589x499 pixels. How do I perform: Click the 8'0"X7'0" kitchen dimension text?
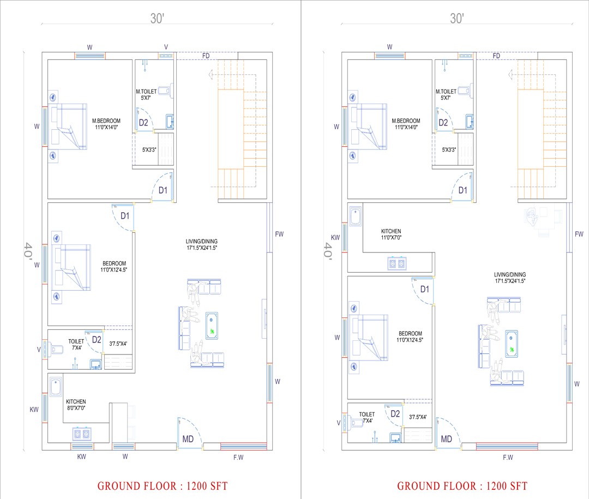(76, 408)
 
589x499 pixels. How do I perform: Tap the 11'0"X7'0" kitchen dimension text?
(391, 237)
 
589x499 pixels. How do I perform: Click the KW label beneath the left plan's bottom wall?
(81, 457)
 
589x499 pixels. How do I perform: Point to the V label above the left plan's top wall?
(166, 47)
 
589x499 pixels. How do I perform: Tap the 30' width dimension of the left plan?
(158, 18)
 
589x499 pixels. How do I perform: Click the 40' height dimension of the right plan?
(328, 251)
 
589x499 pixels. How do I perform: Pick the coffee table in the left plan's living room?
(212, 326)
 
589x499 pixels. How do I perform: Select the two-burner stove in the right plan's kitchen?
(397, 263)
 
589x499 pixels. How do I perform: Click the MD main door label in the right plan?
(446, 439)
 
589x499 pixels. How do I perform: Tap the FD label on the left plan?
(206, 56)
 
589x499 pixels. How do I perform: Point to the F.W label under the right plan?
(508, 458)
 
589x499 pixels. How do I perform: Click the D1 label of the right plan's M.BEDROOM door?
(463, 190)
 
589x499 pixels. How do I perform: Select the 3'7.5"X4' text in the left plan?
(118, 344)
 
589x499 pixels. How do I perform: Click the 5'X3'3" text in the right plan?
(449, 149)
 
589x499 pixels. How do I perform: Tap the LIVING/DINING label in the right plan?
(510, 275)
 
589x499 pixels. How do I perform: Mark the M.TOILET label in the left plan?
(146, 91)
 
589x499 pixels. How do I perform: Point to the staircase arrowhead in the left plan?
(211, 74)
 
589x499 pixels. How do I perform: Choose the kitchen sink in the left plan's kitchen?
(56, 387)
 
